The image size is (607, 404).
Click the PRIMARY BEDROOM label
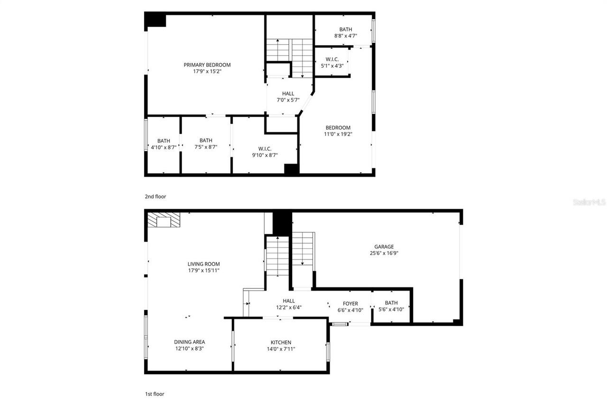pyautogui.click(x=207, y=65)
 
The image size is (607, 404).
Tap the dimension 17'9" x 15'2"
pyautogui.click(x=207, y=72)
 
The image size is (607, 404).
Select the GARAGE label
pyautogui.click(x=384, y=247)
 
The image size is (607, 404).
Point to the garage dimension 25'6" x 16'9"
pyautogui.click(x=384, y=253)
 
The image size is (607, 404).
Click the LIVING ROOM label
pyautogui.click(x=204, y=264)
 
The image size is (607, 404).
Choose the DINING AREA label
pyautogui.click(x=190, y=342)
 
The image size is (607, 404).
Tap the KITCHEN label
pyautogui.click(x=281, y=342)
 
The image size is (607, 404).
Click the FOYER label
pyautogui.click(x=350, y=303)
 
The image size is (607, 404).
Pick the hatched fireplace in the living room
pyautogui.click(x=164, y=220)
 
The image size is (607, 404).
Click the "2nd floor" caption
pyautogui.click(x=156, y=196)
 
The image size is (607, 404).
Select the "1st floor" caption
pyautogui.click(x=155, y=394)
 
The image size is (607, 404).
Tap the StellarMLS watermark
pyautogui.click(x=589, y=202)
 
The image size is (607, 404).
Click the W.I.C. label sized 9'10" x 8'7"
pyautogui.click(x=265, y=148)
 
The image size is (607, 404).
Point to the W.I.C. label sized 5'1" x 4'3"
pyautogui.click(x=331, y=59)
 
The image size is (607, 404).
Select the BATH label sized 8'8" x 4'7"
pyautogui.click(x=346, y=29)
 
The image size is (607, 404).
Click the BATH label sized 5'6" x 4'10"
pyautogui.click(x=391, y=303)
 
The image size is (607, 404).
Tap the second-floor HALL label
pyautogui.click(x=288, y=93)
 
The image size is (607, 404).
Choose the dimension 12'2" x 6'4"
pyautogui.click(x=289, y=307)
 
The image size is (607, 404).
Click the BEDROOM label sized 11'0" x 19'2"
pyautogui.click(x=338, y=128)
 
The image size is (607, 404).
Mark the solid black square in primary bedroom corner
pyautogui.click(x=155, y=20)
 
